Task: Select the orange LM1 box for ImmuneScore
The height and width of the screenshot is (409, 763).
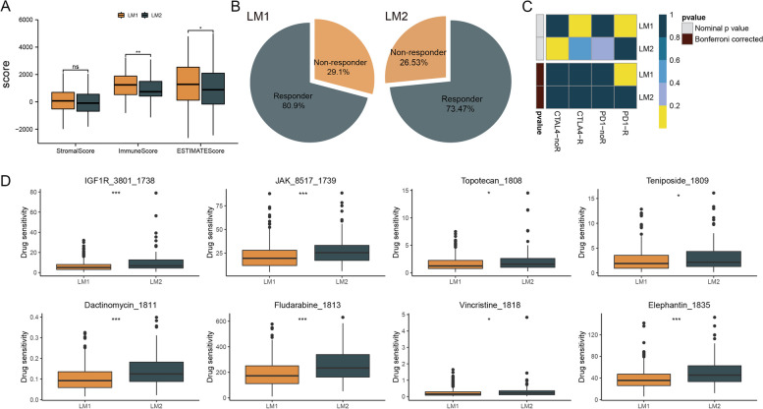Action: click(126, 85)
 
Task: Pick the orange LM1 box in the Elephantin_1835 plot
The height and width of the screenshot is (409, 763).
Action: click(638, 379)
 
